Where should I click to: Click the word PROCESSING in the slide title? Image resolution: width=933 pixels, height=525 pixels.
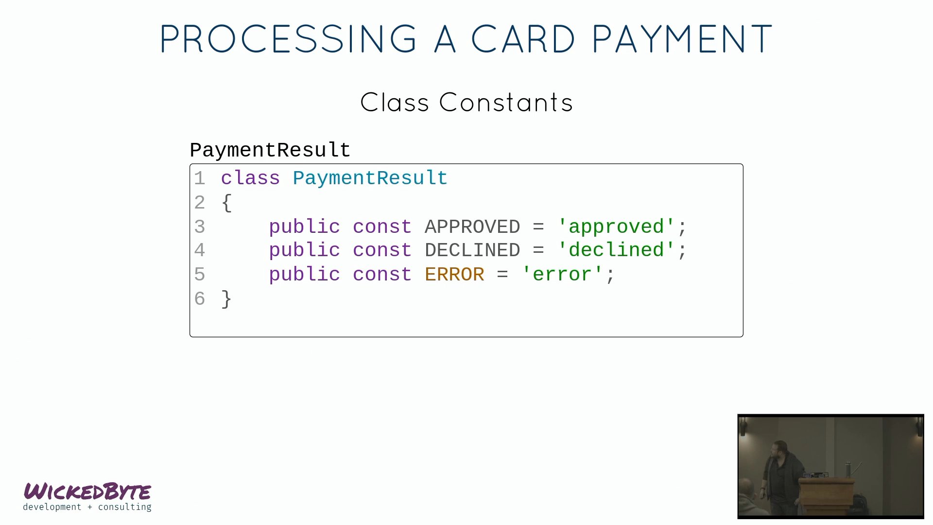[x=288, y=39]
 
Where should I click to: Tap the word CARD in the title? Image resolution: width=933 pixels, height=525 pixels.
[x=523, y=39]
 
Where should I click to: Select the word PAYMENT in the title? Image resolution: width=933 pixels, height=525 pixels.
[x=682, y=39]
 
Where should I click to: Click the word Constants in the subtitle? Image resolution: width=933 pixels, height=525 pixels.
[x=506, y=103]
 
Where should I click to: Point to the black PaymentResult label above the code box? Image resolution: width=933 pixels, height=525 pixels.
[x=270, y=150]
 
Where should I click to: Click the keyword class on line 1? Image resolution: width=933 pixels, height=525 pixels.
[x=250, y=178]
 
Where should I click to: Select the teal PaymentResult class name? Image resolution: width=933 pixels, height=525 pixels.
[x=370, y=179]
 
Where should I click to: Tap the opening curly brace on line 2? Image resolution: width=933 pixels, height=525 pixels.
[x=226, y=203]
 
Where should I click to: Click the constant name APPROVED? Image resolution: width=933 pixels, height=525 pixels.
[x=472, y=227]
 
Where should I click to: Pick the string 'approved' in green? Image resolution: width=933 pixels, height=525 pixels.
[x=616, y=227]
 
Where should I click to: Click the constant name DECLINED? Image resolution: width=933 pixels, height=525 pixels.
[x=472, y=251]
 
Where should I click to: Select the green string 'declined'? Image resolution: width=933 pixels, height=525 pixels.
[x=616, y=250]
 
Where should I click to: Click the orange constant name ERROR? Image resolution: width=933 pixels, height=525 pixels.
[x=454, y=275]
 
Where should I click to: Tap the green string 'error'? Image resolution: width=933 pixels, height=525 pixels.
[x=562, y=275]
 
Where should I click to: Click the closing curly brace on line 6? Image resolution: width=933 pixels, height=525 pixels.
[x=226, y=299]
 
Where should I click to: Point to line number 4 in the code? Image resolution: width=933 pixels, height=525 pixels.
[x=200, y=251]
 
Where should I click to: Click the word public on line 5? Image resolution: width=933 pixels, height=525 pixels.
[x=304, y=275]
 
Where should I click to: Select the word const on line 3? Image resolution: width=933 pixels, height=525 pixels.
[x=382, y=227]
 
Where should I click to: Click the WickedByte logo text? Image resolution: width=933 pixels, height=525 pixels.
[x=87, y=491]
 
